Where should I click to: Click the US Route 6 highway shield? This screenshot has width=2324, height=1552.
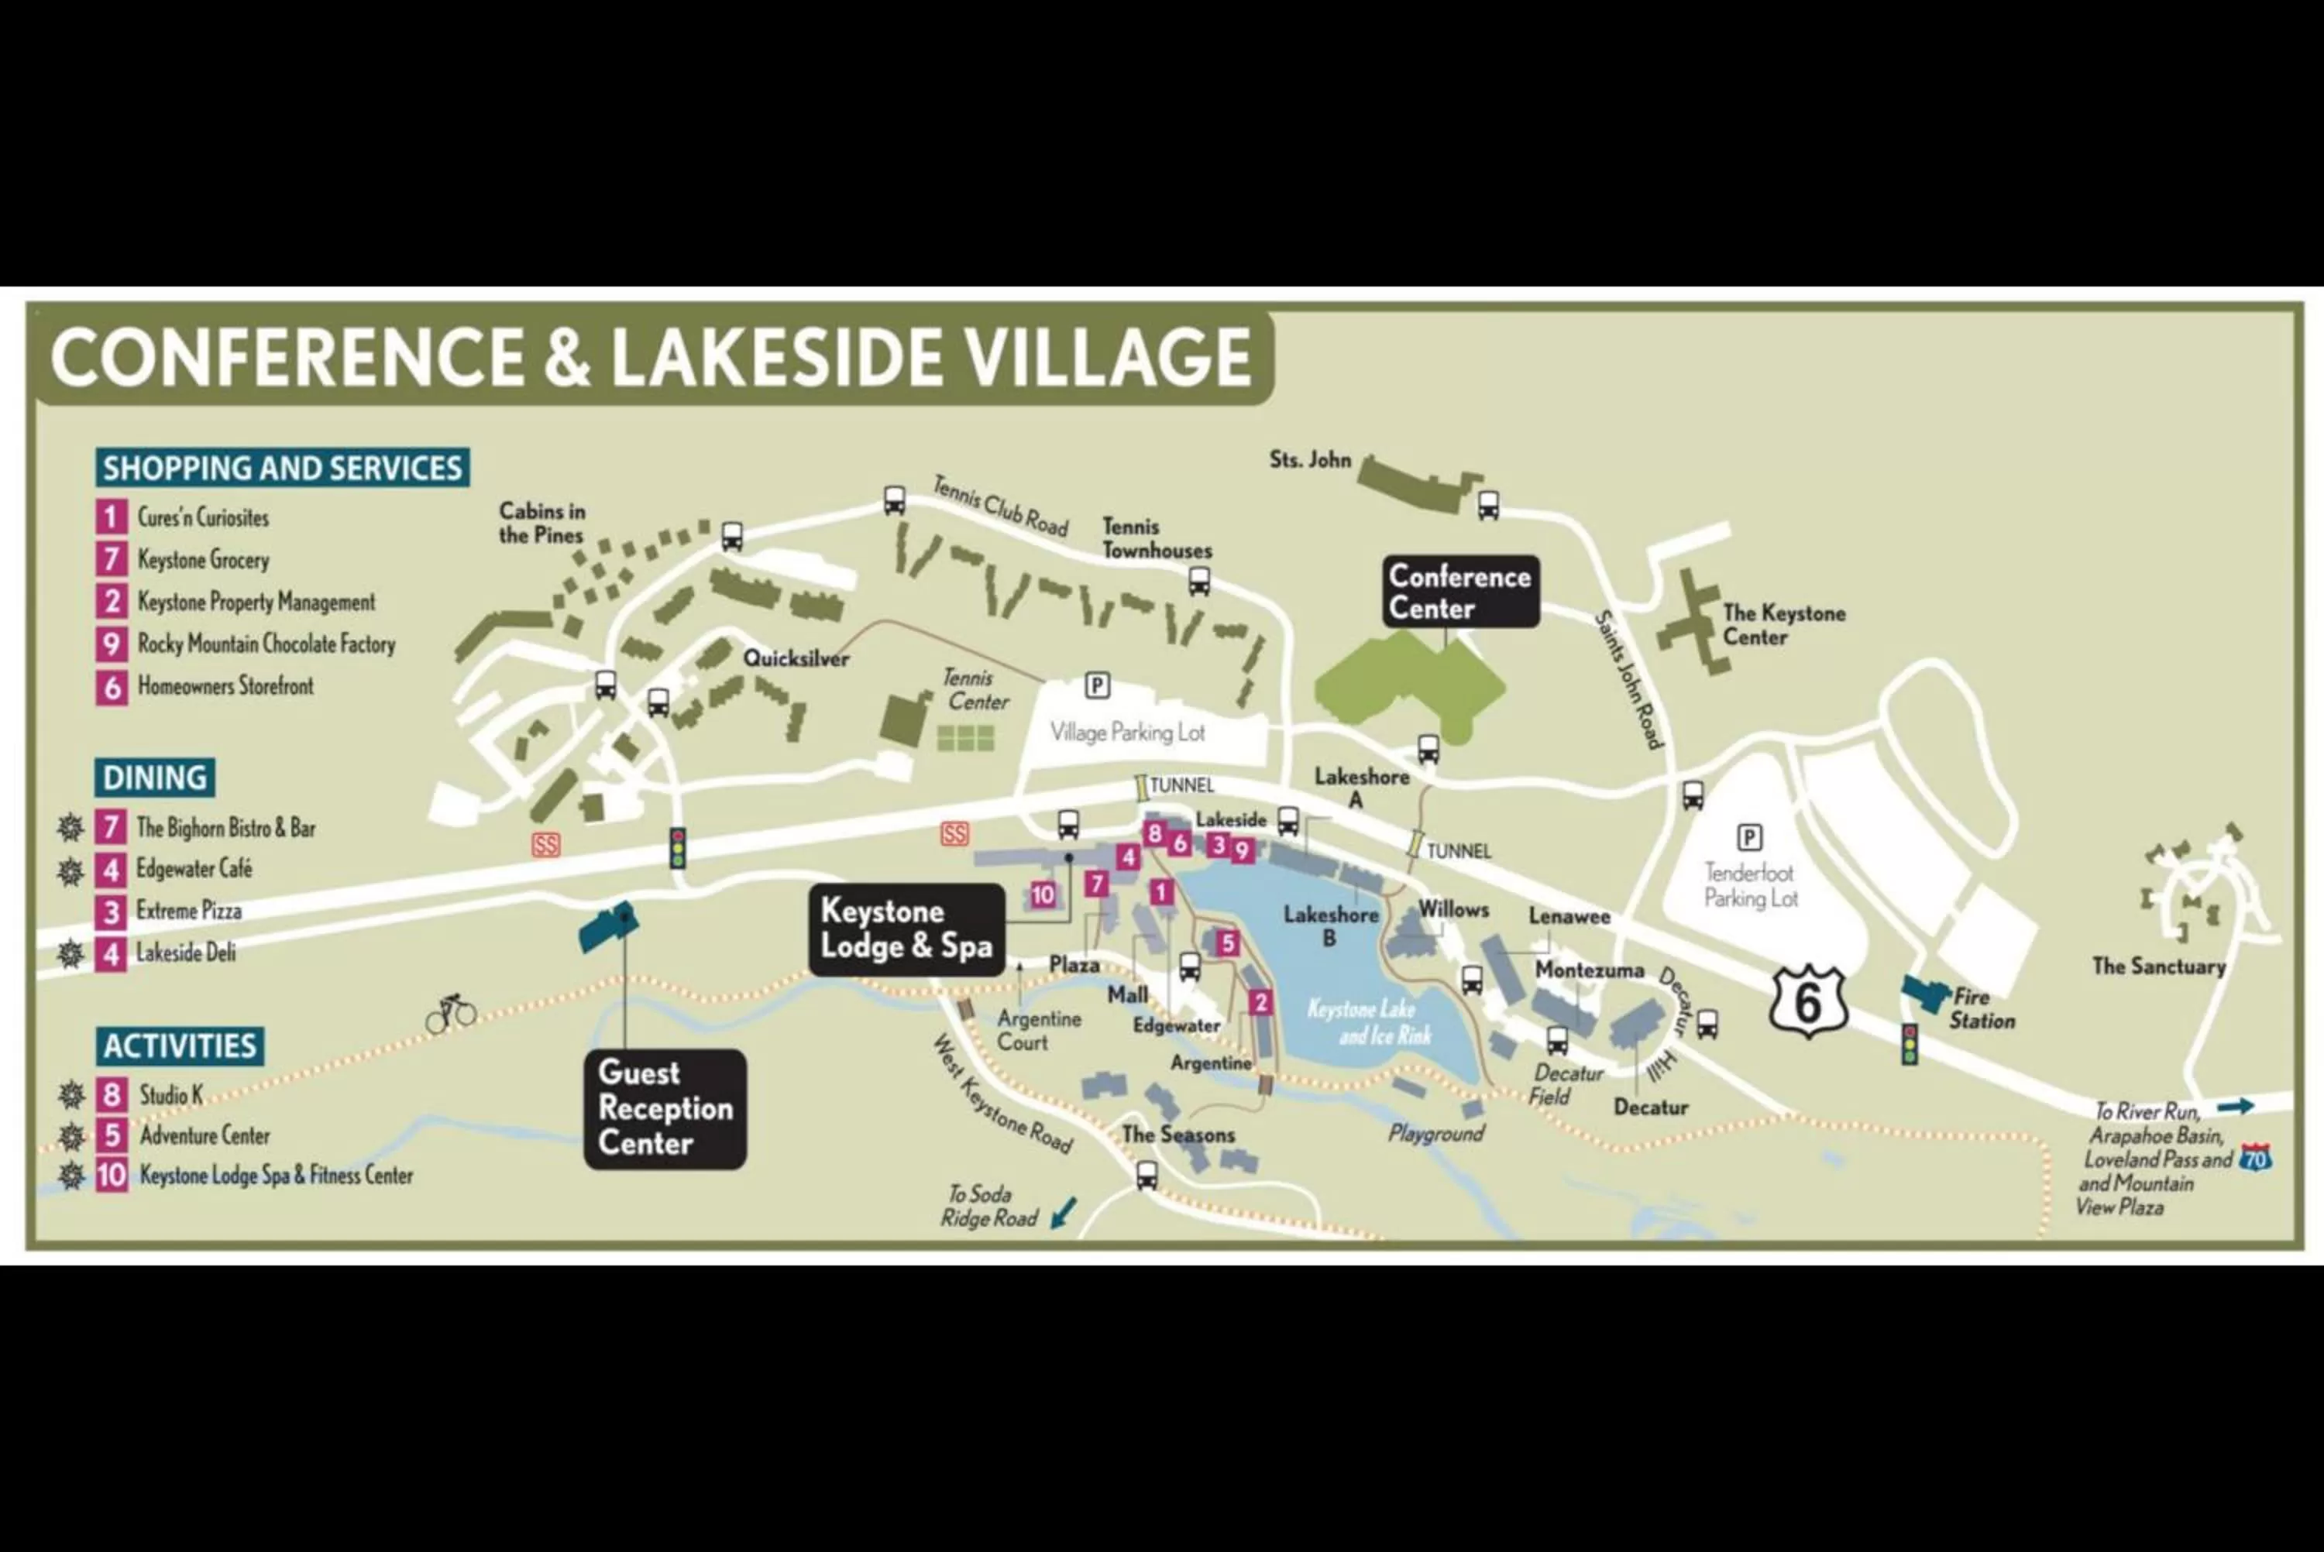[x=1808, y=1001]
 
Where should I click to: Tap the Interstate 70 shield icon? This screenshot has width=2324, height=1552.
[x=2255, y=1156]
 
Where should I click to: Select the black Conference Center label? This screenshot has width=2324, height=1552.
[x=1460, y=592]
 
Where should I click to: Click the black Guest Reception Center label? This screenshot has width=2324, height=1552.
[x=665, y=1108]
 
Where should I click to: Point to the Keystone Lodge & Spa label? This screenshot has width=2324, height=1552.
[x=906, y=929]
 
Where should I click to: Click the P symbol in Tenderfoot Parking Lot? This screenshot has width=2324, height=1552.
[x=1749, y=837]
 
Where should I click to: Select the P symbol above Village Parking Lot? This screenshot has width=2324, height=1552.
[x=1097, y=685]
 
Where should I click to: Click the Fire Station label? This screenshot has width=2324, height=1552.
[x=1981, y=1008]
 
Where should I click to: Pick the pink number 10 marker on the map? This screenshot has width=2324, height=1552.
[x=1042, y=894]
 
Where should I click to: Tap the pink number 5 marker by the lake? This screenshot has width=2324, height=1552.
[x=1227, y=943]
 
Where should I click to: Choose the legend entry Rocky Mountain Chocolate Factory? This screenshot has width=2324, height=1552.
[x=265, y=644]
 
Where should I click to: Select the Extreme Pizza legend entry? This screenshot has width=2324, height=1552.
[x=188, y=911]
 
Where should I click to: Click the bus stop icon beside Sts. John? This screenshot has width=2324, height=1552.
[x=1487, y=505]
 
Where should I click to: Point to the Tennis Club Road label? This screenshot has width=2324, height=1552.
[x=999, y=506]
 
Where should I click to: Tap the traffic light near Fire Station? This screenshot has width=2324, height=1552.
[x=1910, y=1044]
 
